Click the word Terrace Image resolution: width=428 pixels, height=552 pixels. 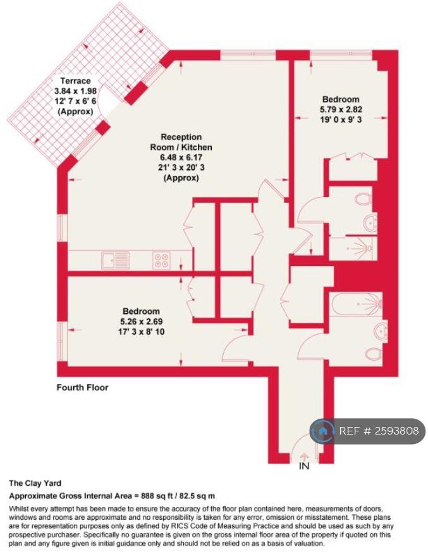(x=75, y=81)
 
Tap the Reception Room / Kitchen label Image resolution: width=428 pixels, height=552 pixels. (x=181, y=142)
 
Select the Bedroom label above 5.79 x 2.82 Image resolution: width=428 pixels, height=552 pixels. (x=340, y=99)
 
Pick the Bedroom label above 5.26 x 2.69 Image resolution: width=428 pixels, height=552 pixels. (x=141, y=311)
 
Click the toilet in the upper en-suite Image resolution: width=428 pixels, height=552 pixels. (x=363, y=200)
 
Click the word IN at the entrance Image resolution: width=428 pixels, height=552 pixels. (x=304, y=467)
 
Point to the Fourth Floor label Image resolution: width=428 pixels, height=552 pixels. (x=82, y=387)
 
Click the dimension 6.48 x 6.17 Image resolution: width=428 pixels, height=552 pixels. (x=181, y=157)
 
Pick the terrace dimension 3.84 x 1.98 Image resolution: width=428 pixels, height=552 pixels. (x=75, y=91)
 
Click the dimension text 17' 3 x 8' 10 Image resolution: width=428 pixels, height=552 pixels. (x=141, y=332)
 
